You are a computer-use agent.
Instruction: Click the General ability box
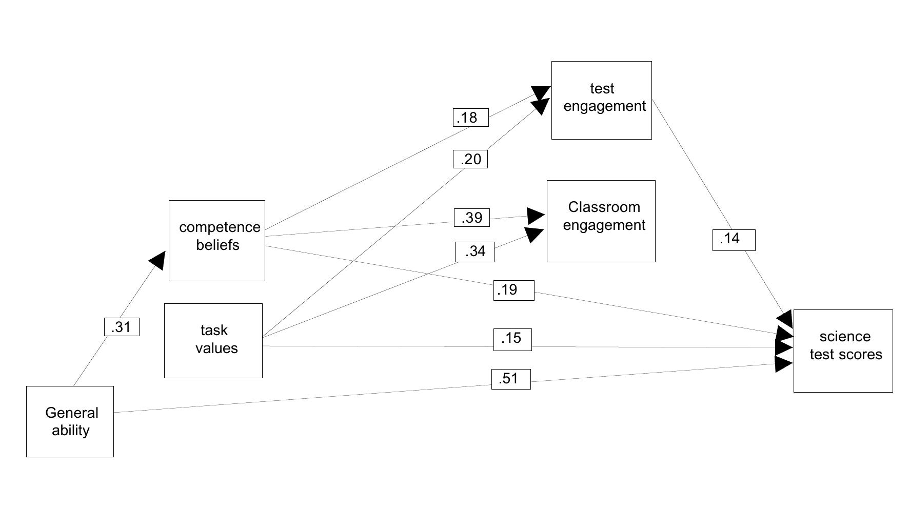pos(70,421)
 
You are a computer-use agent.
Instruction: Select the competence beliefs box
pos(217,241)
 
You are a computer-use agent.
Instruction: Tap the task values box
pos(213,341)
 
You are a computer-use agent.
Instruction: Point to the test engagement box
pos(601,100)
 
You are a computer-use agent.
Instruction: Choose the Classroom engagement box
pos(601,221)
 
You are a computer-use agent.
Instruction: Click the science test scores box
pos(843,351)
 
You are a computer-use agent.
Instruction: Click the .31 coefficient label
pos(122,327)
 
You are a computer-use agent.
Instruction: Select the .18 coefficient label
pos(470,118)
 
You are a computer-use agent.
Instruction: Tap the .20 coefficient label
pos(470,159)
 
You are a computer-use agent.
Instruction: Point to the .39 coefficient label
pos(472,218)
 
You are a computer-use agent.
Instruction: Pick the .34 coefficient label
pos(474,251)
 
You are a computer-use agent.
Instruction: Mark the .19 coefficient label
pos(513,290)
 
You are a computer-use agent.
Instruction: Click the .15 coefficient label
pos(512,339)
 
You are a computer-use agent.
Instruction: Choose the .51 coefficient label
pos(511,379)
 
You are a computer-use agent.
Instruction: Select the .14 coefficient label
pos(734,240)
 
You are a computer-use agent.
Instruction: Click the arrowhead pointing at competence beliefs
pos(158,260)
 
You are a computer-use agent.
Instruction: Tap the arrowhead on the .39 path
pos(536,216)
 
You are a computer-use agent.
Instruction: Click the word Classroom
pos(604,207)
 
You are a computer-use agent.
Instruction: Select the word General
pos(72,413)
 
